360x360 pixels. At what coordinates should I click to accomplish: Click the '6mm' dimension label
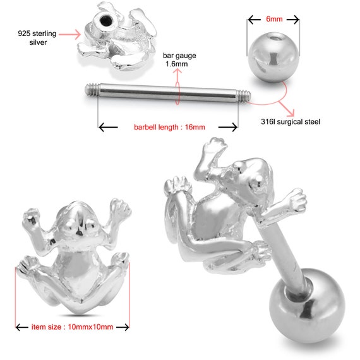pyautogui.click(x=274, y=19)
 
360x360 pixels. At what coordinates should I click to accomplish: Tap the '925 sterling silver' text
pyautogui.click(x=37, y=38)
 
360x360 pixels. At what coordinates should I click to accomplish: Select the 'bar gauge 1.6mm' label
pyautogui.click(x=179, y=60)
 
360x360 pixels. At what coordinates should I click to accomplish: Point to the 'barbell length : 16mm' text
pyautogui.click(x=169, y=127)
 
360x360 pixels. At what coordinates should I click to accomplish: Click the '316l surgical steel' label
pyautogui.click(x=291, y=122)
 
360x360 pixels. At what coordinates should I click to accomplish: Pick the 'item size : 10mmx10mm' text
pyautogui.click(x=73, y=327)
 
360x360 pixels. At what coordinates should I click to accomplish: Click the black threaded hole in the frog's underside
pyautogui.click(x=106, y=21)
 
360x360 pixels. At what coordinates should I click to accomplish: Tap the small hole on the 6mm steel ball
pyautogui.click(x=273, y=39)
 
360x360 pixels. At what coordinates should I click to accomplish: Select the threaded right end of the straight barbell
pyautogui.click(x=244, y=96)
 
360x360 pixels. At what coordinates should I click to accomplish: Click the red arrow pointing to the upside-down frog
pyautogui.click(x=69, y=35)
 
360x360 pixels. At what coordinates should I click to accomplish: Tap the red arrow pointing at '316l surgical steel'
pyautogui.click(x=287, y=109)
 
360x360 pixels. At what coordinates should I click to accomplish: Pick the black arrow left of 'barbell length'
pyautogui.click(x=108, y=127)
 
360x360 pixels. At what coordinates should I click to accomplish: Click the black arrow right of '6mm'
pyautogui.click(x=293, y=20)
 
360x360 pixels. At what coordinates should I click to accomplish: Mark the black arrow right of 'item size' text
pyautogui.click(x=123, y=327)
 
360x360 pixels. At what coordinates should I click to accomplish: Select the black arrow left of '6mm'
pyautogui.click(x=255, y=20)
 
